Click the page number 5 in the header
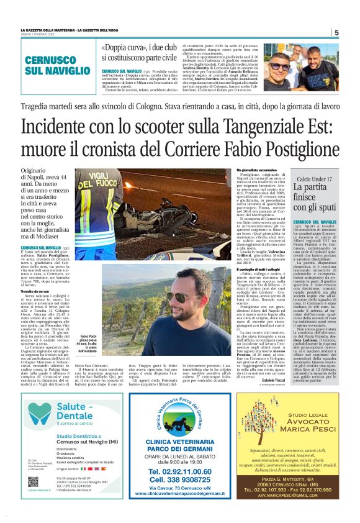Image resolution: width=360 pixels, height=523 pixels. (x=336, y=32)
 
